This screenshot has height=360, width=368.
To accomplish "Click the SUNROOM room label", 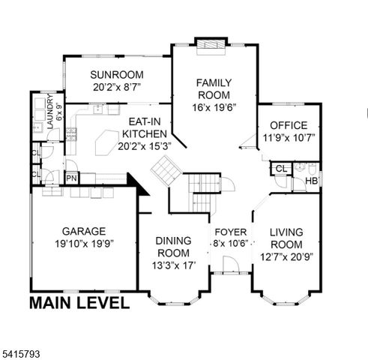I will (117, 74).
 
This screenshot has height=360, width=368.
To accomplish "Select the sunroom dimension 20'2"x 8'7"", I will (117, 87).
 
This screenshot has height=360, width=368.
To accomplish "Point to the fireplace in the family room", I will (208, 43).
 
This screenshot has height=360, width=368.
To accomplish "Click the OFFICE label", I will (289, 125).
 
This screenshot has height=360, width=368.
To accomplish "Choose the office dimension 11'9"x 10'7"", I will (289, 137).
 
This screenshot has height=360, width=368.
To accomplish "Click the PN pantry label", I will (71, 178).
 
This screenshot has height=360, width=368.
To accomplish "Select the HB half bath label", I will (312, 181).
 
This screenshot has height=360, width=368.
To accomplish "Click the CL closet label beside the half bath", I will (280, 169).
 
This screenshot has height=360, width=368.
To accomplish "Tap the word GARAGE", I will (84, 231).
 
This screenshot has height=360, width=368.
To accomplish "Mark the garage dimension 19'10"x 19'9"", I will (84, 244).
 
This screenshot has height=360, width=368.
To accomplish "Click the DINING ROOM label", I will (173, 247).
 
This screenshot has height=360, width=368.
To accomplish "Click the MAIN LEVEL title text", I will (79, 303).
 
